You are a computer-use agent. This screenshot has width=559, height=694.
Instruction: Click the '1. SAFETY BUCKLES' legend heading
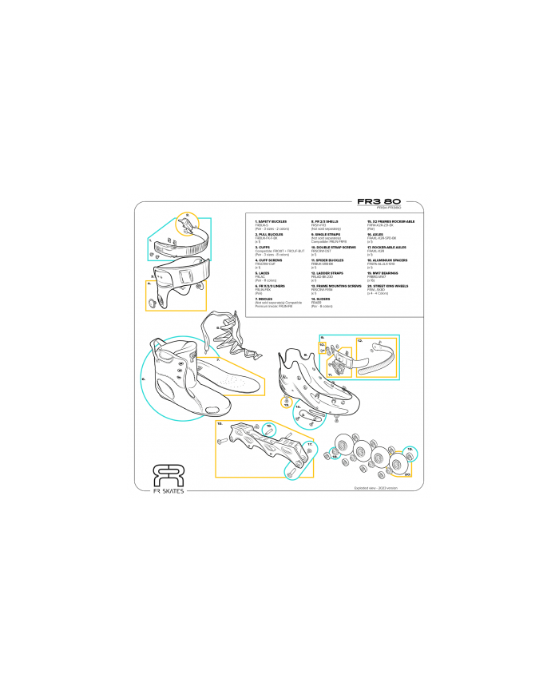[271, 221]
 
